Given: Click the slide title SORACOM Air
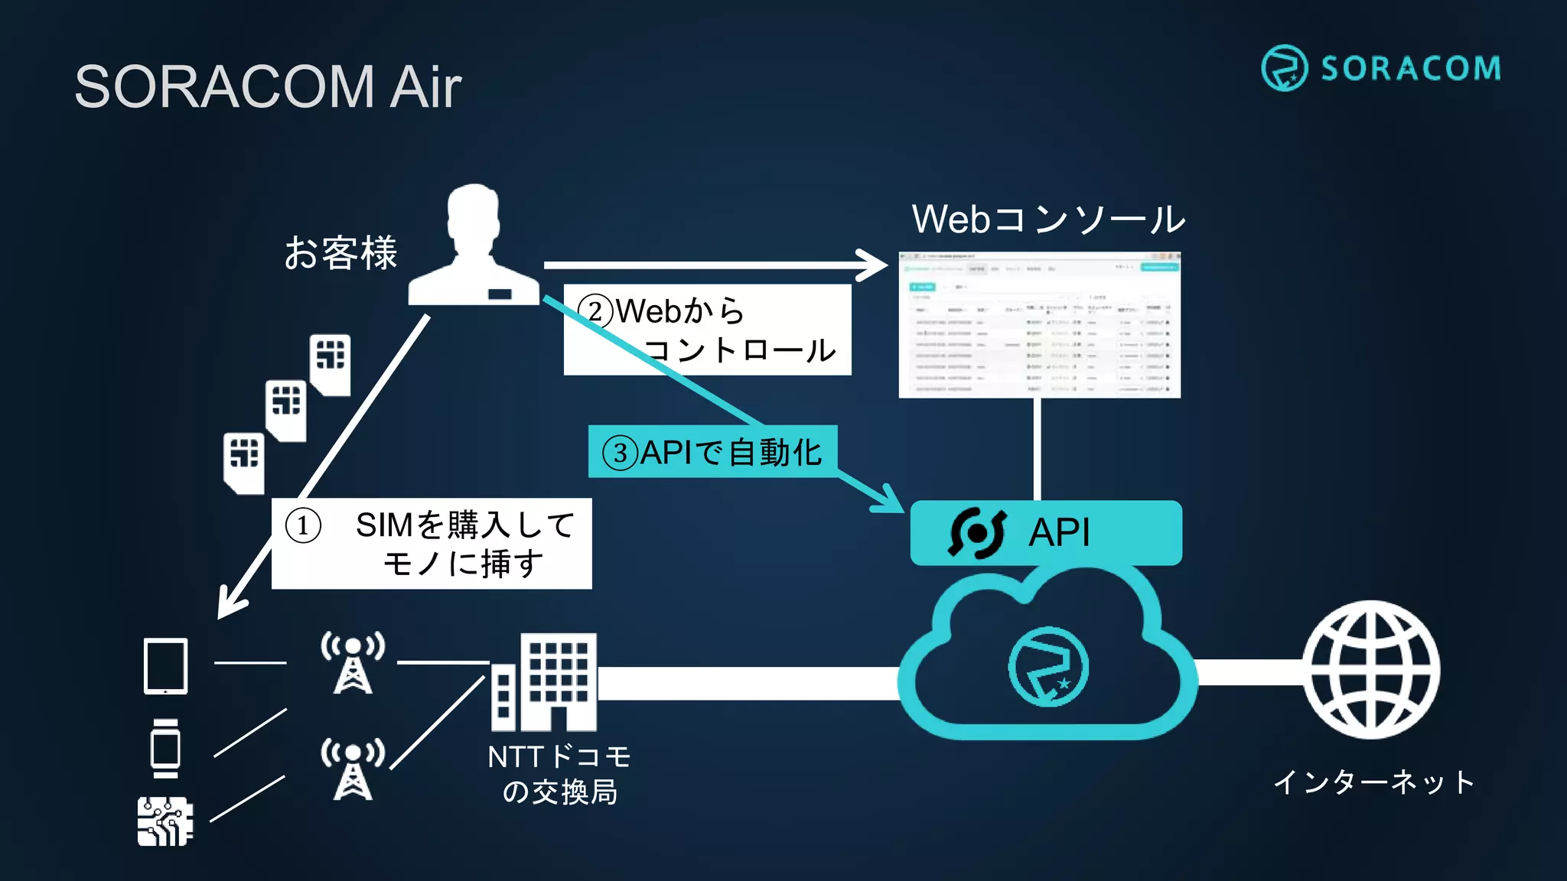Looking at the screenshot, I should pos(268,86).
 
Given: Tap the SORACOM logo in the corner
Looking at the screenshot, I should pos(1380,68).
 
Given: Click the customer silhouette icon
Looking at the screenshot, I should pos(474,246).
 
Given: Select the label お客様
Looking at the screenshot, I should pos(340,253).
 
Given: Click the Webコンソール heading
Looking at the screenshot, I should pos(1047,219).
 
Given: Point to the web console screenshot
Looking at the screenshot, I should pos(1039,325).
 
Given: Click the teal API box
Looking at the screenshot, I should pos(1045,533).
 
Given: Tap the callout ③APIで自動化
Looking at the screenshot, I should pos(712,452).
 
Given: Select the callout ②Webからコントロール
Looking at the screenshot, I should pos(707,330).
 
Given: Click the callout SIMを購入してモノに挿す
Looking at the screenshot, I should pos(432,544).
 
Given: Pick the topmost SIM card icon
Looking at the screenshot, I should pos(331,364).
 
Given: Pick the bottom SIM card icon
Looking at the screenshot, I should pos(244,463).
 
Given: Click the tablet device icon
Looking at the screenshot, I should pos(166,666).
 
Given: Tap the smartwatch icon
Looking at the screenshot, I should pos(165,748).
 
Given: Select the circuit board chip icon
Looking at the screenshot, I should pos(165,821).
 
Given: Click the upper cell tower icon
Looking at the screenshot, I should pos(353,662).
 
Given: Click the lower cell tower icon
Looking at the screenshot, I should pos(353,769).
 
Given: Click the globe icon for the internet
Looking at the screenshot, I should pos(1371,669).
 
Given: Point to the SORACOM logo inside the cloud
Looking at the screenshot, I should pos(1047,667).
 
